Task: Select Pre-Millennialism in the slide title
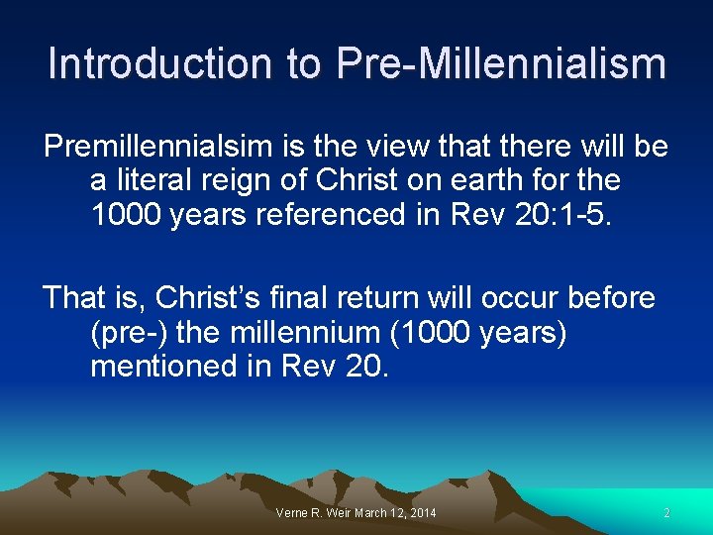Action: (501, 63)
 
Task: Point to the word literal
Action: (156, 181)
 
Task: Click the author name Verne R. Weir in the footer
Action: (311, 513)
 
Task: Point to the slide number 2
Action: (666, 513)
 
